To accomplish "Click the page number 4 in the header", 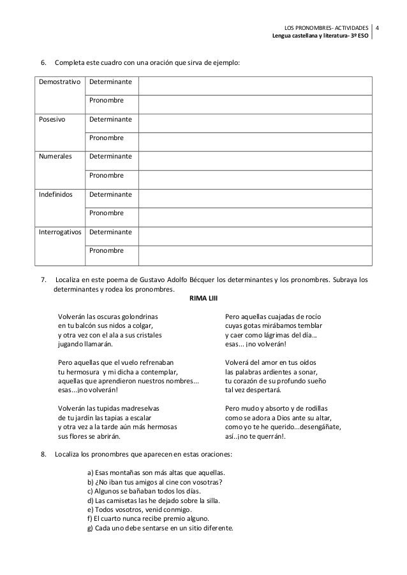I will click(378, 28).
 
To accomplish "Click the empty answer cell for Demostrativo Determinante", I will click(255, 83).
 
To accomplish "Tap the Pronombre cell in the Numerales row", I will click(107, 175).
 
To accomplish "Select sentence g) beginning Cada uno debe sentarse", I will click(159, 529).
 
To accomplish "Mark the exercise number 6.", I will click(43, 62).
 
